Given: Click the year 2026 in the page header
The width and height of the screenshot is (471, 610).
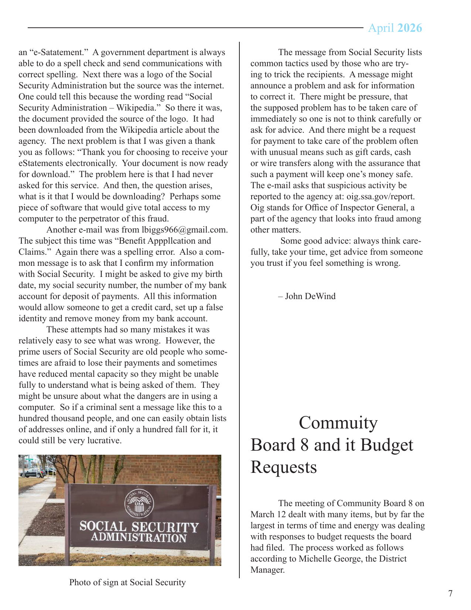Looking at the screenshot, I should click(410, 28).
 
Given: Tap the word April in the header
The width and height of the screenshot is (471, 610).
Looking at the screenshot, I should click(381, 28).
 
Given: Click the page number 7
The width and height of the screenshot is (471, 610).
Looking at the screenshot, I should click(450, 594).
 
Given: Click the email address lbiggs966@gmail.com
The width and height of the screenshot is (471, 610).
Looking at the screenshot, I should click(185, 230).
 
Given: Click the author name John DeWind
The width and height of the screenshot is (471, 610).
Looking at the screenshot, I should click(310, 296).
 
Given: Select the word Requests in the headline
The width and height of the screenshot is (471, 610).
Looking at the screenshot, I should click(284, 467).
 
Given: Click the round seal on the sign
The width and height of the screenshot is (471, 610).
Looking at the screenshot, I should click(139, 503).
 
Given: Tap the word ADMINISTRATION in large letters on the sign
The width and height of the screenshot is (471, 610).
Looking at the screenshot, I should click(139, 538).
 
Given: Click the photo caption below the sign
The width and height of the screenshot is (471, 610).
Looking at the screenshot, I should click(127, 583).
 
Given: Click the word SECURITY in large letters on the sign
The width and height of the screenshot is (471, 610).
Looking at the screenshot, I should click(165, 527).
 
